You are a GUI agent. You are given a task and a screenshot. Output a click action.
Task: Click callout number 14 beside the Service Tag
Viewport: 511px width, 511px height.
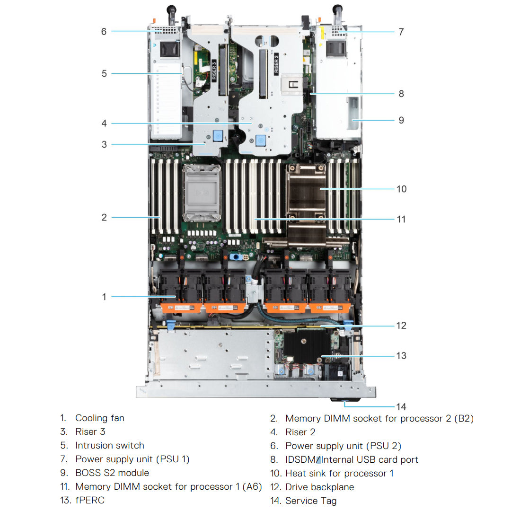coord(401,406)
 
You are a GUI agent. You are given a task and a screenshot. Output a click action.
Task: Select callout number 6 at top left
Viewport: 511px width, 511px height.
coord(104,32)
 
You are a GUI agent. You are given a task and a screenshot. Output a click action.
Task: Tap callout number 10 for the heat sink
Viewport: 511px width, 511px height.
coord(401,189)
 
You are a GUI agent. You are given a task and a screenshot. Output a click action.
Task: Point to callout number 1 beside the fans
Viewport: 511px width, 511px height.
coord(104,297)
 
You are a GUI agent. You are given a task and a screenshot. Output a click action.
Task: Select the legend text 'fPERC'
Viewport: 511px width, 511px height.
coord(89,500)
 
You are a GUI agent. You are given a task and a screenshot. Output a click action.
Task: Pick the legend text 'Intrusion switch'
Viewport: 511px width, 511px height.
coord(109,445)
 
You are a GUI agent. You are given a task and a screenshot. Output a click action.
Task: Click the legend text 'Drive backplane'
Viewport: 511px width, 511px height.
coord(319,487)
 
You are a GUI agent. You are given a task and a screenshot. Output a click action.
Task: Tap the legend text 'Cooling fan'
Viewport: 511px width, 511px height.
coord(100,418)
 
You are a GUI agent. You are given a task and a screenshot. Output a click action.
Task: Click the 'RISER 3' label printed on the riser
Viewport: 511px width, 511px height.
coord(214,71)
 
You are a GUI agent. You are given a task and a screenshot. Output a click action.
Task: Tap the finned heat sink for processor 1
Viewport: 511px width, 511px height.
coord(307,189)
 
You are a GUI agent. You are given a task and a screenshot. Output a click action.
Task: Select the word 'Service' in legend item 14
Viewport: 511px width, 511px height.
coord(300,501)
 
